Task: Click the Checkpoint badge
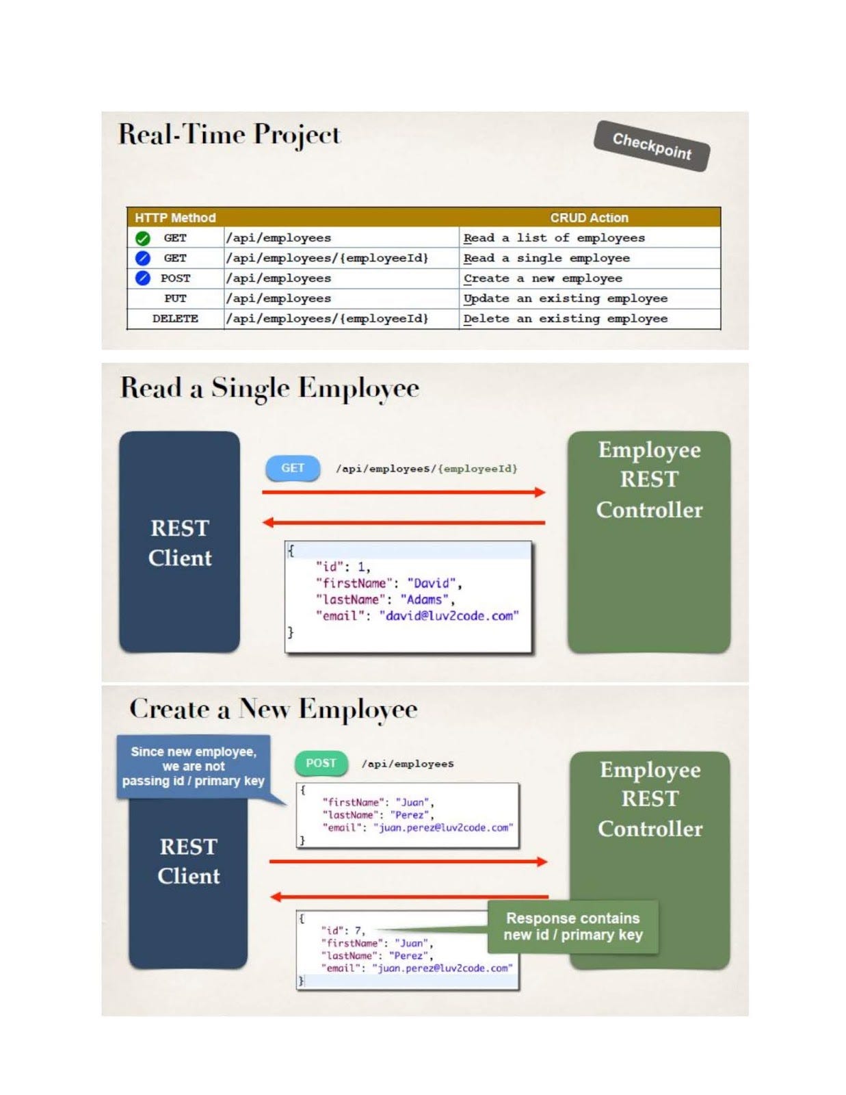tap(651, 146)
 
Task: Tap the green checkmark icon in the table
tap(142, 238)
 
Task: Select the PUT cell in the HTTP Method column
tap(175, 298)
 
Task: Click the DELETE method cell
tap(175, 319)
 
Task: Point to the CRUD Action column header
tap(589, 218)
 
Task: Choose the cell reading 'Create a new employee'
tap(542, 279)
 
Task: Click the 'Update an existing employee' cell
tap(565, 298)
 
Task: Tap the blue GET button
tap(293, 468)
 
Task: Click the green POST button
tap(321, 763)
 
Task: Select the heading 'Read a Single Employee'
tap(269, 388)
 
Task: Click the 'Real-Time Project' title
tap(229, 134)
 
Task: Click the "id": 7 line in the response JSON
tap(343, 931)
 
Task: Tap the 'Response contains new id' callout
tap(573, 927)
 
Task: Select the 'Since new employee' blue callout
tap(194, 766)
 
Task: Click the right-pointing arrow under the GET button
tap(404, 492)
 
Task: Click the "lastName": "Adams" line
tap(384, 600)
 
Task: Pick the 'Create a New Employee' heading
tap(273, 709)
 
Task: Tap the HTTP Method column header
tap(175, 218)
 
